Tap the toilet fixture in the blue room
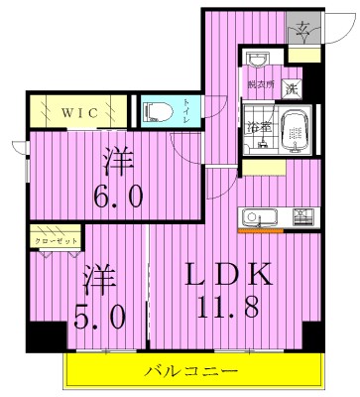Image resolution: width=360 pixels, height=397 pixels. pyautogui.click(x=159, y=112)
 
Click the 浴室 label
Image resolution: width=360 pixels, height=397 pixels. pyautogui.click(x=257, y=127)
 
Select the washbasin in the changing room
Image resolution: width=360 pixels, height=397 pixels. pyautogui.click(x=256, y=59)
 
